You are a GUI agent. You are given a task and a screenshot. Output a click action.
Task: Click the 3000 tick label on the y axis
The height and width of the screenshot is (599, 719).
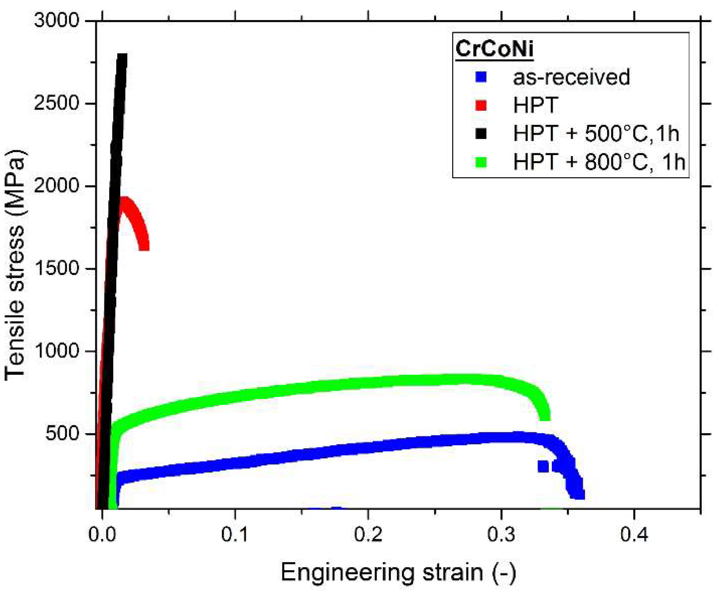(x=56, y=20)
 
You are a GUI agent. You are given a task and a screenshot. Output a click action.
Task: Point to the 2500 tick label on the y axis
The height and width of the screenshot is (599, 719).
(x=56, y=103)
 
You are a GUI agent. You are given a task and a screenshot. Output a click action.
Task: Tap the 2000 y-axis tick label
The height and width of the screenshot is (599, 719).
(x=56, y=185)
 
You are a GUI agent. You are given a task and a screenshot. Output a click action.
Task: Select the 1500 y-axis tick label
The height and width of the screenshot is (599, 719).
(x=56, y=268)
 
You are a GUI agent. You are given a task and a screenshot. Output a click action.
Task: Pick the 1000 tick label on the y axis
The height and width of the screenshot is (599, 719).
(x=56, y=351)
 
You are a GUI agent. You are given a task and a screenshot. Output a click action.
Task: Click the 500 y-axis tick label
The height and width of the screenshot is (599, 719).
(x=62, y=433)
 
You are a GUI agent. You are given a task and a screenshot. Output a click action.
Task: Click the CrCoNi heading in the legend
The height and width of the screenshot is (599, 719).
(x=494, y=49)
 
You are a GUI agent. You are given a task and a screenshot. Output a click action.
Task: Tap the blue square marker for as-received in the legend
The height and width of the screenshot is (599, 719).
(x=481, y=77)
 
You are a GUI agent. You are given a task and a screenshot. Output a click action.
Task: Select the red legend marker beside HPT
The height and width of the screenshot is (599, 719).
(x=481, y=105)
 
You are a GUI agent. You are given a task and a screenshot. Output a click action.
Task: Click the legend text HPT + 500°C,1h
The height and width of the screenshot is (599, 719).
(x=595, y=133)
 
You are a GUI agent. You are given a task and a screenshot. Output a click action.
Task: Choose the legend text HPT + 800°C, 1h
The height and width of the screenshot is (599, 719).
(x=599, y=162)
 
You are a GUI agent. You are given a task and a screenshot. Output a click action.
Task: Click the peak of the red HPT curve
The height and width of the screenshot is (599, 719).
(x=125, y=200)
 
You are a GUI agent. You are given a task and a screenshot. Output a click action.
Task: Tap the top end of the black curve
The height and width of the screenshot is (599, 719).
(x=122, y=56)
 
